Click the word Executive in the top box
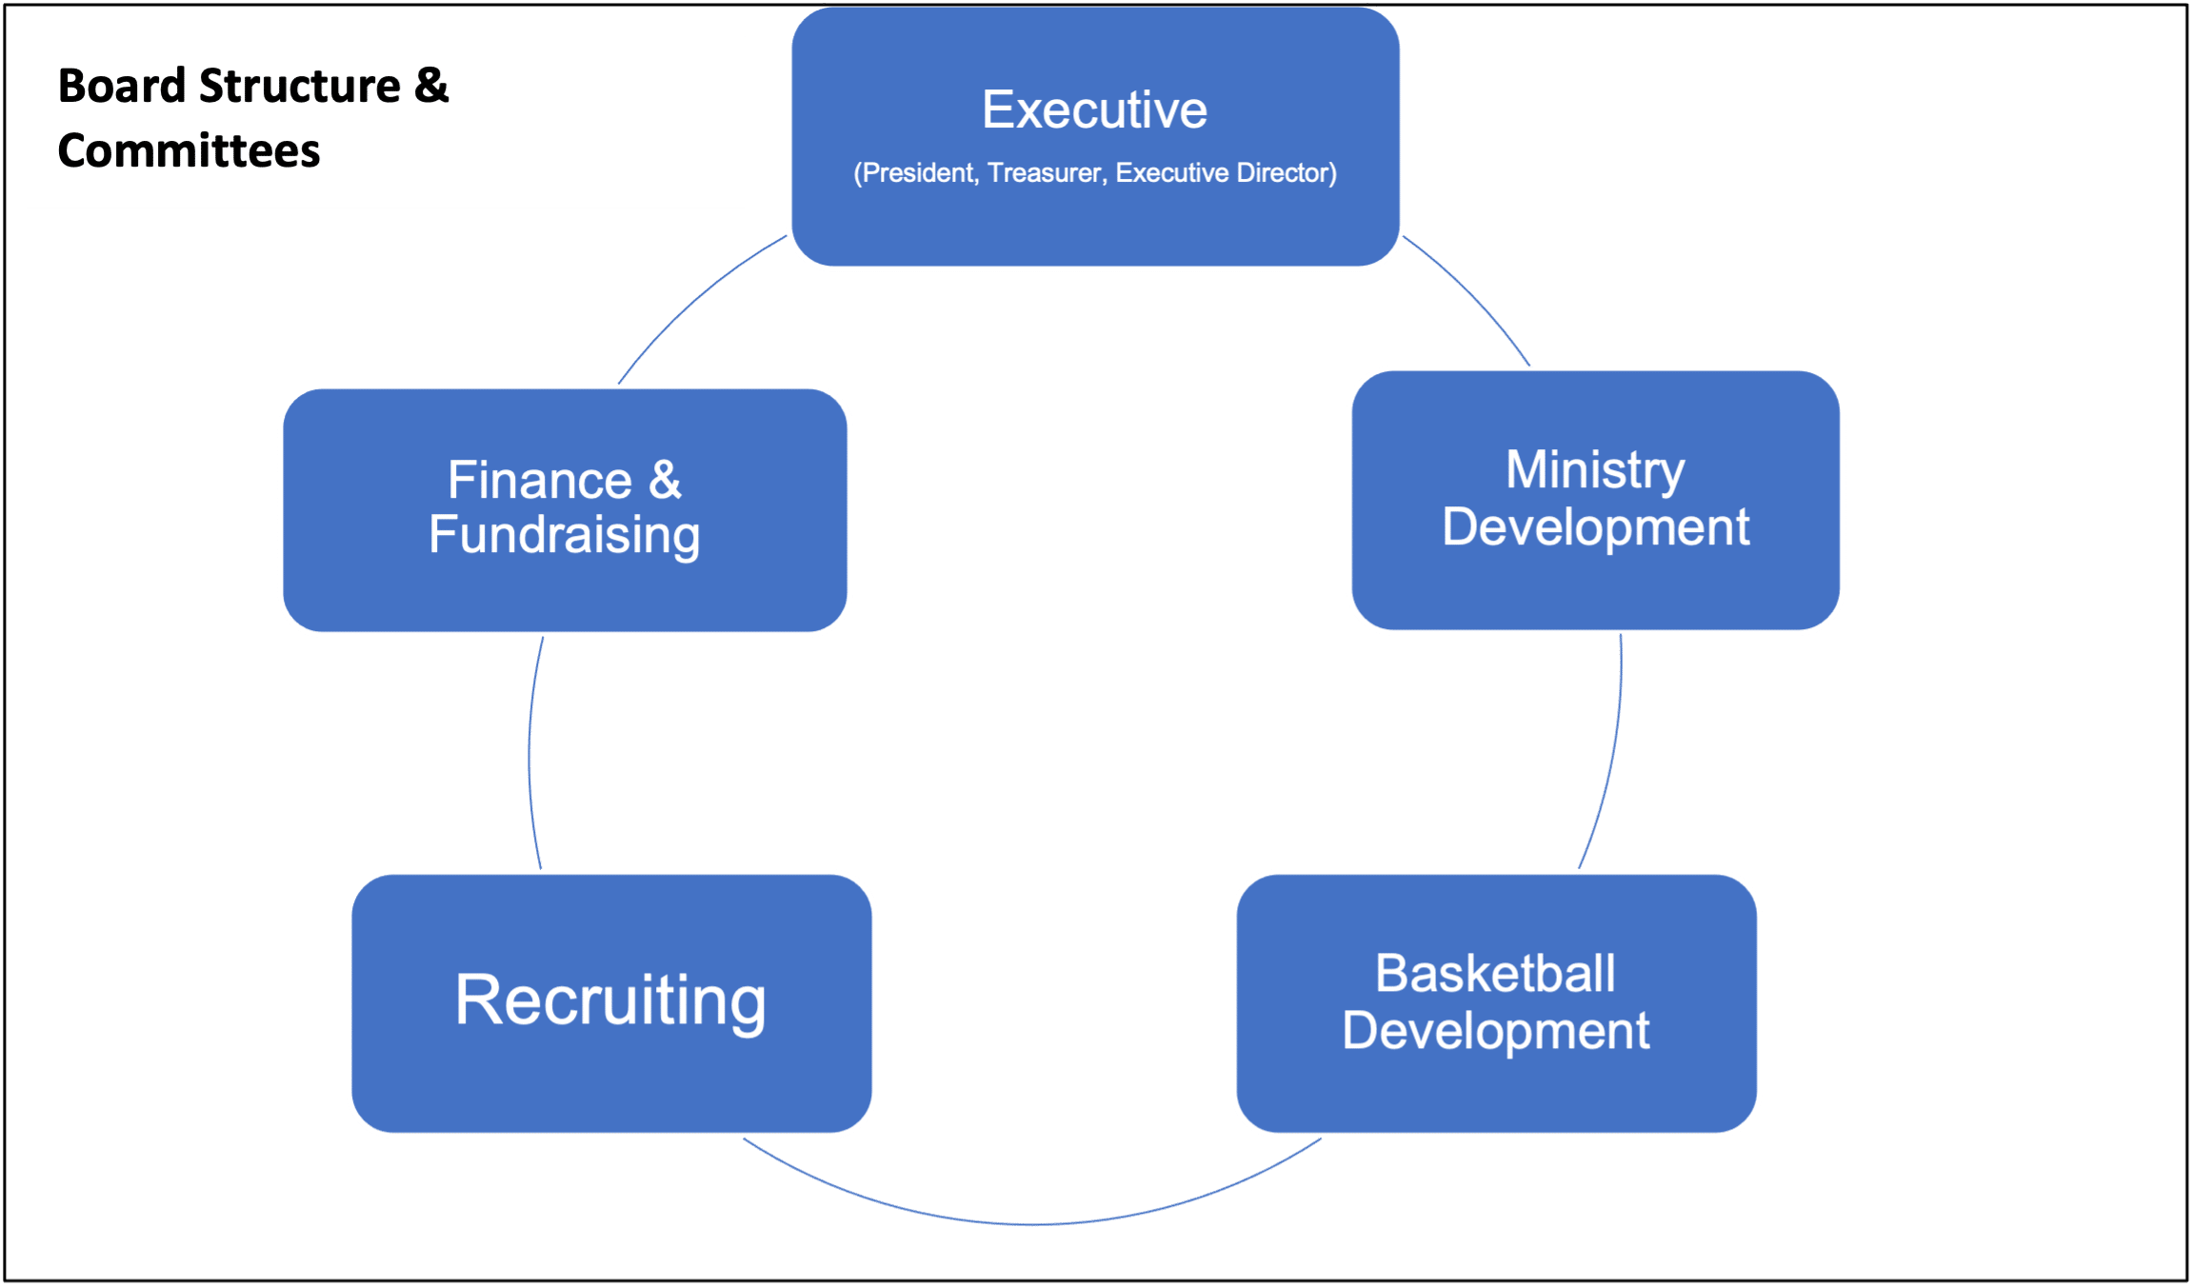pos(1094,110)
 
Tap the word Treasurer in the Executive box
pos(1046,173)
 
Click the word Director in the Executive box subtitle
pos(1286,173)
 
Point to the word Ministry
pos(1595,470)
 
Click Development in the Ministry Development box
pos(1595,527)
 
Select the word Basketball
pos(1495,974)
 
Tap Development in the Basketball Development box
pos(1495,1031)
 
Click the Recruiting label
pos(610,1000)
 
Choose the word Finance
pos(539,480)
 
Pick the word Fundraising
pos(564,535)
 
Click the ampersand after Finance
pos(665,480)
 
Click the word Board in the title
pos(121,86)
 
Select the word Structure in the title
pos(300,86)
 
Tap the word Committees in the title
pos(189,151)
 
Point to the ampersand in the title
pos(430,86)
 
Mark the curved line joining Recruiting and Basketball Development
pos(1033,1223)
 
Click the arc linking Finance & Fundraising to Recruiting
pos(529,752)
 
